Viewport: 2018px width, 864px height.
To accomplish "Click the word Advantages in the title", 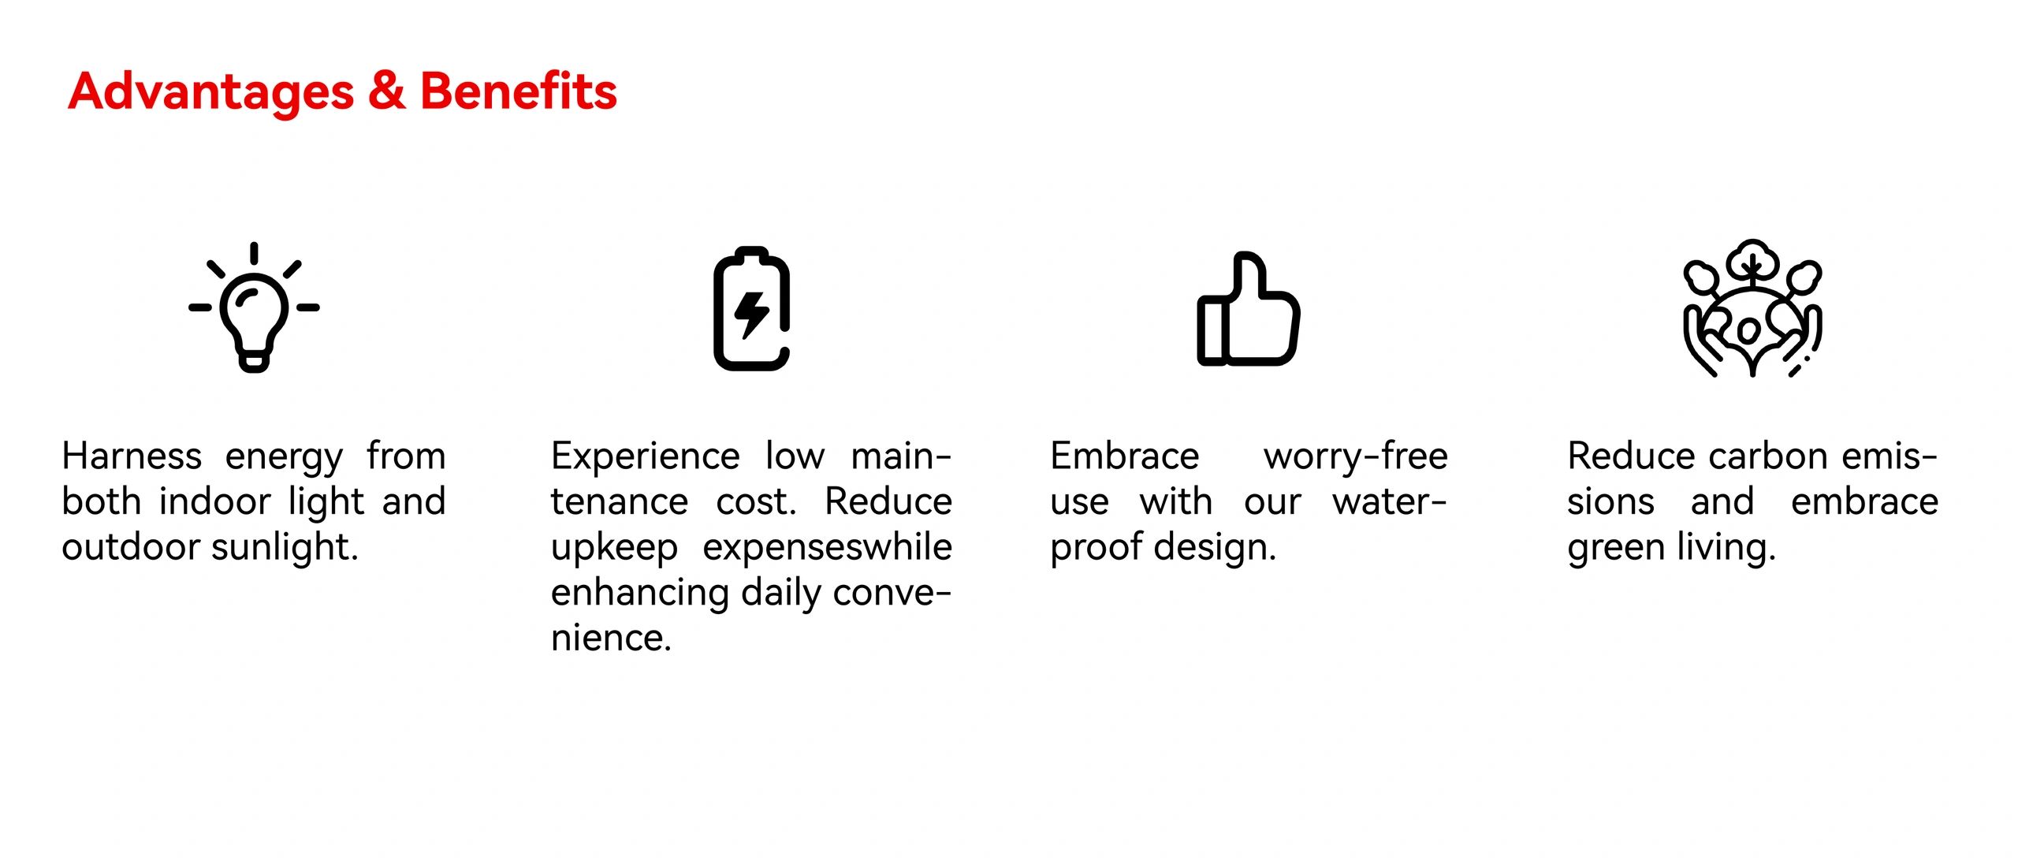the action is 210,93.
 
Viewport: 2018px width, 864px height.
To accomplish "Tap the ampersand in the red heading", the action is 386,91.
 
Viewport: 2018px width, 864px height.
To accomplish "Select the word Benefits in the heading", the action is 518,91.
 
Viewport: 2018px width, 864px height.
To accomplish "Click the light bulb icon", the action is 254,307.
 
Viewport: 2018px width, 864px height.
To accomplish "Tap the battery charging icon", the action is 751,308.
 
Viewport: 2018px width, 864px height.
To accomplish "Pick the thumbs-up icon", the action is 1248,309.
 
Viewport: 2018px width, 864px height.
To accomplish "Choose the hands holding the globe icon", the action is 1752,308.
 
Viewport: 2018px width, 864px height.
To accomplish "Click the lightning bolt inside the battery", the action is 751,315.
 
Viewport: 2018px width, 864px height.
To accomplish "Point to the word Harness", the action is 132,456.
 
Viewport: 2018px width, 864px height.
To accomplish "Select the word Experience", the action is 646,457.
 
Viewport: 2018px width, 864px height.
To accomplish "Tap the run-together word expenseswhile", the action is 828,548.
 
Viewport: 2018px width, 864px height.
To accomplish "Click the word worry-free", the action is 1356,457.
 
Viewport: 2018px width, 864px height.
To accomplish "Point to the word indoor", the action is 215,501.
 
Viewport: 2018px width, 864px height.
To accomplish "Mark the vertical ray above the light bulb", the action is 254,253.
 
